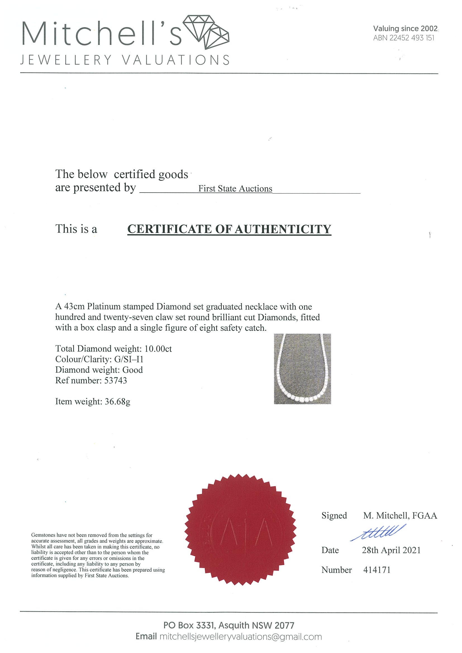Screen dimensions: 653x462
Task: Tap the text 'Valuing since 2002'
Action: pyautogui.click(x=405, y=28)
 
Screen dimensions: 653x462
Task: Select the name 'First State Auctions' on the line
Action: pyautogui.click(x=235, y=189)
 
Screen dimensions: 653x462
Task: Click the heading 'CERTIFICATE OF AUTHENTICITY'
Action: pyautogui.click(x=229, y=229)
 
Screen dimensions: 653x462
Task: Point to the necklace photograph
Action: pyautogui.click(x=302, y=369)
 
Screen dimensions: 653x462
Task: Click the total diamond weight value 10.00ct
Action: pyautogui.click(x=158, y=349)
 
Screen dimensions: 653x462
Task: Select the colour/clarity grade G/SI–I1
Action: pyautogui.click(x=129, y=359)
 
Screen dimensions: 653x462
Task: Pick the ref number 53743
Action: pyautogui.click(x=116, y=380)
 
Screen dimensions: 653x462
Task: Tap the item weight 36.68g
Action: pyautogui.click(x=118, y=401)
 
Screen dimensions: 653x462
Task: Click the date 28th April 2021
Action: pyautogui.click(x=391, y=550)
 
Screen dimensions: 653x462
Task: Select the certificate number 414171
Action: pyautogui.click(x=377, y=570)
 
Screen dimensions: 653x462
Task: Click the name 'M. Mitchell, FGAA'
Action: pyautogui.click(x=400, y=515)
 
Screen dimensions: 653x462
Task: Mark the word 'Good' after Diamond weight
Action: pyautogui.click(x=132, y=370)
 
